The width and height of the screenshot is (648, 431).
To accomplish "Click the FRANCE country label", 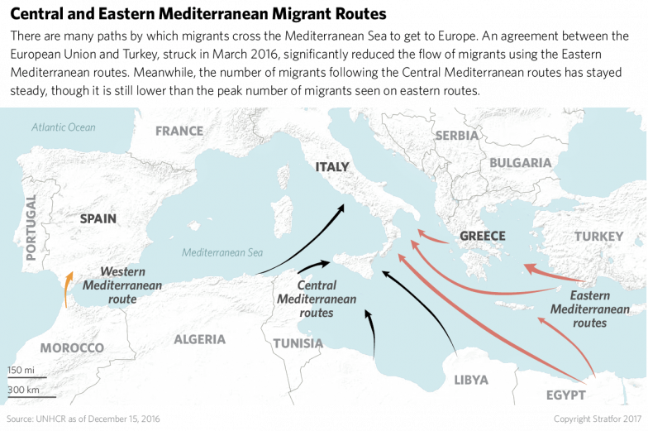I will [x=179, y=131].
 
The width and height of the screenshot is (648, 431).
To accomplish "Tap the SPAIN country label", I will [x=98, y=218].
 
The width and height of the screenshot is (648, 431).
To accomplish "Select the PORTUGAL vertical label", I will [x=32, y=227].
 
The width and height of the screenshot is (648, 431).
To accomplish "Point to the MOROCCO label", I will [x=72, y=347].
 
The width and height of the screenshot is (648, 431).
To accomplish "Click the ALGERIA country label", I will [x=199, y=339].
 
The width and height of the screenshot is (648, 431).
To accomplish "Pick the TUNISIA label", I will [x=298, y=342].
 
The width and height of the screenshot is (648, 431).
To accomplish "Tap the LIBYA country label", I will [x=470, y=380].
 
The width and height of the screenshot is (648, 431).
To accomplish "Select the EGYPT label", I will [x=565, y=395].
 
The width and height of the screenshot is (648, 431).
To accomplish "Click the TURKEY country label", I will [x=598, y=237].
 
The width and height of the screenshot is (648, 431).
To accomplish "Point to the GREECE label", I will [x=482, y=236].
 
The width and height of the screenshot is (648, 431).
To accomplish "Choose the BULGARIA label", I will [x=520, y=163].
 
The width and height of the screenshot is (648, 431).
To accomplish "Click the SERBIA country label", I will [x=456, y=135].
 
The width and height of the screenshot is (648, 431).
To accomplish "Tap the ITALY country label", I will [x=332, y=167].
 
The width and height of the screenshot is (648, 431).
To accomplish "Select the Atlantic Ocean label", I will [x=64, y=127].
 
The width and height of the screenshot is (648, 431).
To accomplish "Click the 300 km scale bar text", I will [x=24, y=389].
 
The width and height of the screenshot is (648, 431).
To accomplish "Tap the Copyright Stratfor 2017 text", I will [x=596, y=419].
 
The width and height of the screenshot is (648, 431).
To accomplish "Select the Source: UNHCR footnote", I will [x=83, y=419].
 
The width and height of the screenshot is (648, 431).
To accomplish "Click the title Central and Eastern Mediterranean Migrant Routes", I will [x=198, y=14].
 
